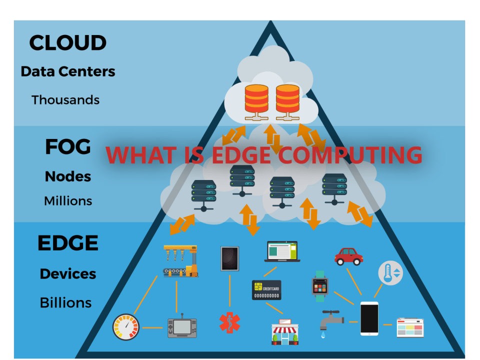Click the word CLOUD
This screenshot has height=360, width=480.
pos(67,42)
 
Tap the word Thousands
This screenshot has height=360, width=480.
pos(65,99)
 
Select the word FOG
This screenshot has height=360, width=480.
pos(68,146)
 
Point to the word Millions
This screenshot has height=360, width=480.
pos(68,201)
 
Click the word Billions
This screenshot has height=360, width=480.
pos(65,302)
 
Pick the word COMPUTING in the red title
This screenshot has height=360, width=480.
pos(350,154)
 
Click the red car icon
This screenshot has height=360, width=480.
pos(348,256)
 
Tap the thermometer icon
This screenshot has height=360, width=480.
pos(389,272)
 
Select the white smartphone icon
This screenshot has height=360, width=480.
pos(369,318)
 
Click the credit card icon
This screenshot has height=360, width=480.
pos(266,289)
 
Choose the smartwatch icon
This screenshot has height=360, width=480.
pos(319,286)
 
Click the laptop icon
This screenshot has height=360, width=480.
pos(282,251)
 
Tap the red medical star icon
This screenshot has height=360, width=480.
pos(229,322)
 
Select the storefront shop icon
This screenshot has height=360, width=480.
pos(284,332)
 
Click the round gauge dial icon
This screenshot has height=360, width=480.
pos(125,327)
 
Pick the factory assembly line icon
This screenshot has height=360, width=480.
pos(180,261)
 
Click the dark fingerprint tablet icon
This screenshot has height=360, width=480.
pos(229,258)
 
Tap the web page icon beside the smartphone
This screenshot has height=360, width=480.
pos(410,327)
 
